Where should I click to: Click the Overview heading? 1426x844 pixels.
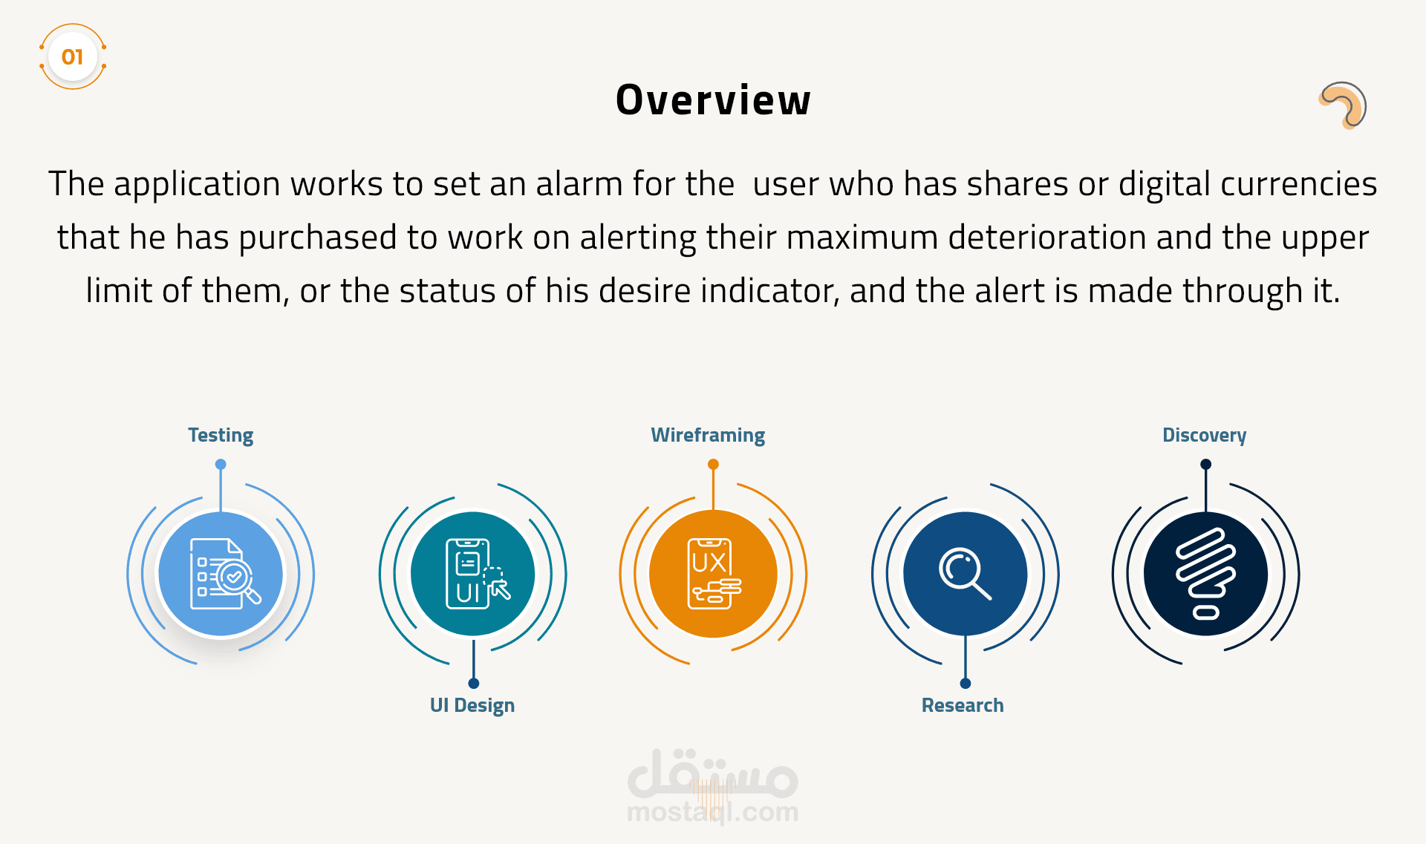click(713, 100)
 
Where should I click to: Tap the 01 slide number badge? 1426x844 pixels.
click(72, 56)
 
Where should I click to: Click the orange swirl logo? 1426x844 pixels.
click(1343, 105)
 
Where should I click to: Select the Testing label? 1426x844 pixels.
click(221, 435)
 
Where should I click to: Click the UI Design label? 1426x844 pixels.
click(472, 705)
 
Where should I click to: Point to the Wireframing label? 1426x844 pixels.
click(708, 435)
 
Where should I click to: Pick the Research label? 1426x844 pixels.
click(963, 705)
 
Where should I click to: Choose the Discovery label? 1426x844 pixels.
click(1205, 435)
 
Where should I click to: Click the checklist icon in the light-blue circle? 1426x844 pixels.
click(225, 574)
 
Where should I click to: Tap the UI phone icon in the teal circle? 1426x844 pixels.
click(477, 574)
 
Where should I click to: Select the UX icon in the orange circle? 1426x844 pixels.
click(714, 574)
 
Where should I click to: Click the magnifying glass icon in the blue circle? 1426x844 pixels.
click(965, 573)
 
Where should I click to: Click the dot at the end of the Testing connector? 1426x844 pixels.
click(221, 465)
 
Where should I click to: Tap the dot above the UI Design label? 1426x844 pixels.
click(474, 683)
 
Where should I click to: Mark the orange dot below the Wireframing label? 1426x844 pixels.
click(713, 465)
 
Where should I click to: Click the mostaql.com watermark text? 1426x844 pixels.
click(713, 812)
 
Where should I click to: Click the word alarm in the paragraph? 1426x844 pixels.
click(579, 183)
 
